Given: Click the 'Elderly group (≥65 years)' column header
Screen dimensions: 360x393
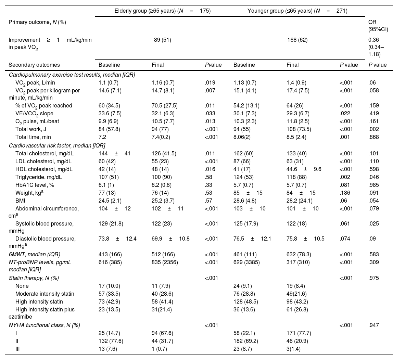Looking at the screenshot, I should [163, 11].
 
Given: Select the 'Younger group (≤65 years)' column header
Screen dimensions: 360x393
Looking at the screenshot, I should [297, 11].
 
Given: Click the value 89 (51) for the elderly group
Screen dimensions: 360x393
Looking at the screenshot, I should [163, 40].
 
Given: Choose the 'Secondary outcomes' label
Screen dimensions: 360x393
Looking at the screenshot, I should [34, 65].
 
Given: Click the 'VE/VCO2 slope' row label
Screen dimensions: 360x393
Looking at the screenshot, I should [34, 114].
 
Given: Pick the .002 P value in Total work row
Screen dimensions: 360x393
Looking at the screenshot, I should [374, 129].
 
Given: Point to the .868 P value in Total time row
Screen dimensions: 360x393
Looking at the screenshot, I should [374, 137].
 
